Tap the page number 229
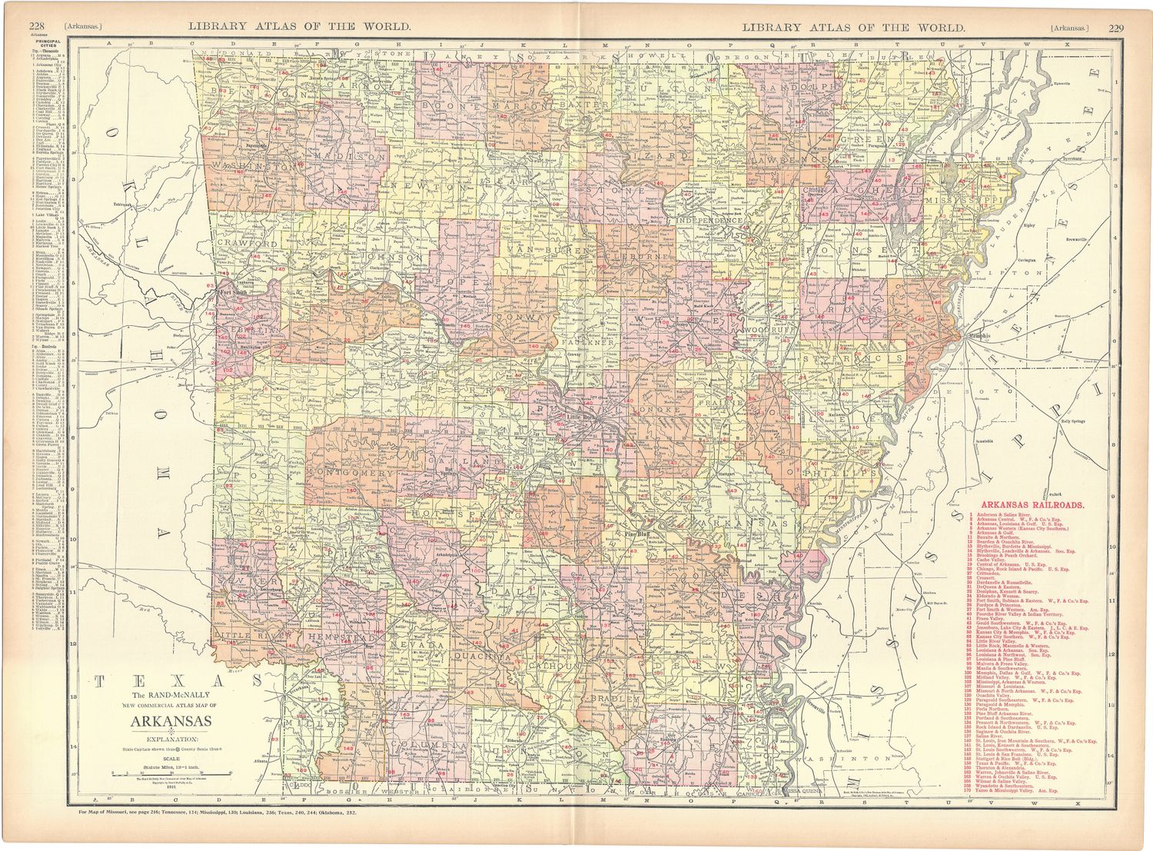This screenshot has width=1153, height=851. [1116, 28]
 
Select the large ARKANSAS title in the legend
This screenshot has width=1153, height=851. [171, 721]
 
